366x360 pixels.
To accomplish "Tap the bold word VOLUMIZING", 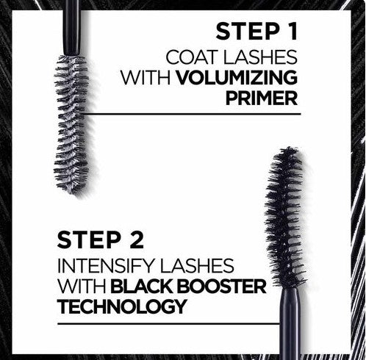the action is click(x=237, y=78).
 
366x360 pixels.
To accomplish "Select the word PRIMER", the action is click(x=262, y=98).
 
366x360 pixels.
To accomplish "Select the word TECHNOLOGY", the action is click(x=122, y=306).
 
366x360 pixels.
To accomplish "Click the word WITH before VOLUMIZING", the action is click(x=146, y=78).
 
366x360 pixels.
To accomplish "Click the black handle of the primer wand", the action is click(x=72, y=27).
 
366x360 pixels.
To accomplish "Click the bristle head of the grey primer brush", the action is click(x=72, y=123).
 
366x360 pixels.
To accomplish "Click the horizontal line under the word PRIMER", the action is click(x=191, y=114).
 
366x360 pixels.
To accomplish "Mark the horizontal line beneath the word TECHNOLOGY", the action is click(x=169, y=324).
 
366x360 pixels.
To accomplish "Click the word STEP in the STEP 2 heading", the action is click(x=90, y=240).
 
